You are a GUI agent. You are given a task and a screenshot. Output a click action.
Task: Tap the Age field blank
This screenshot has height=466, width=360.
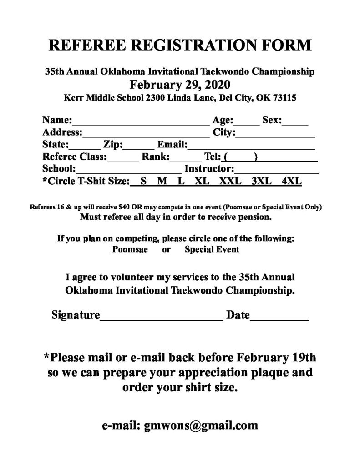pos(247,121)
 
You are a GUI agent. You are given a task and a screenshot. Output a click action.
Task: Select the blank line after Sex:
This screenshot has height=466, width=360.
pos(297,121)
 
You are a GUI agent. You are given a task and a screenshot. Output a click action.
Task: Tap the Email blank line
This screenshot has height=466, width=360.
pos(252,146)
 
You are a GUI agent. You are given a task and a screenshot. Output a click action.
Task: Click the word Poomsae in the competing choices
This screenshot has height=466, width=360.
pos(130,249)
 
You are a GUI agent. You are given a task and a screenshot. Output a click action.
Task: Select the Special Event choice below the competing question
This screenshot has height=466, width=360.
pos(212,249)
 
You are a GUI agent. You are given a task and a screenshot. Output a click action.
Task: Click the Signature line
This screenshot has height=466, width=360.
pos(161,315)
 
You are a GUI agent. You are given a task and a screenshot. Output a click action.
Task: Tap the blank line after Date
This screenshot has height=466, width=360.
pos(280,315)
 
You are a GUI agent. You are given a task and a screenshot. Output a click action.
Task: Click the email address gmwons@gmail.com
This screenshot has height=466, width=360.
pos(201,425)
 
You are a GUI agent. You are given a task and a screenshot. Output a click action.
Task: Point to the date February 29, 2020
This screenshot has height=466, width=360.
pos(180,84)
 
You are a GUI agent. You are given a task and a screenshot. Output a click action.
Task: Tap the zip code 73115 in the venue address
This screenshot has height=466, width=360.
pos(286,97)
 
